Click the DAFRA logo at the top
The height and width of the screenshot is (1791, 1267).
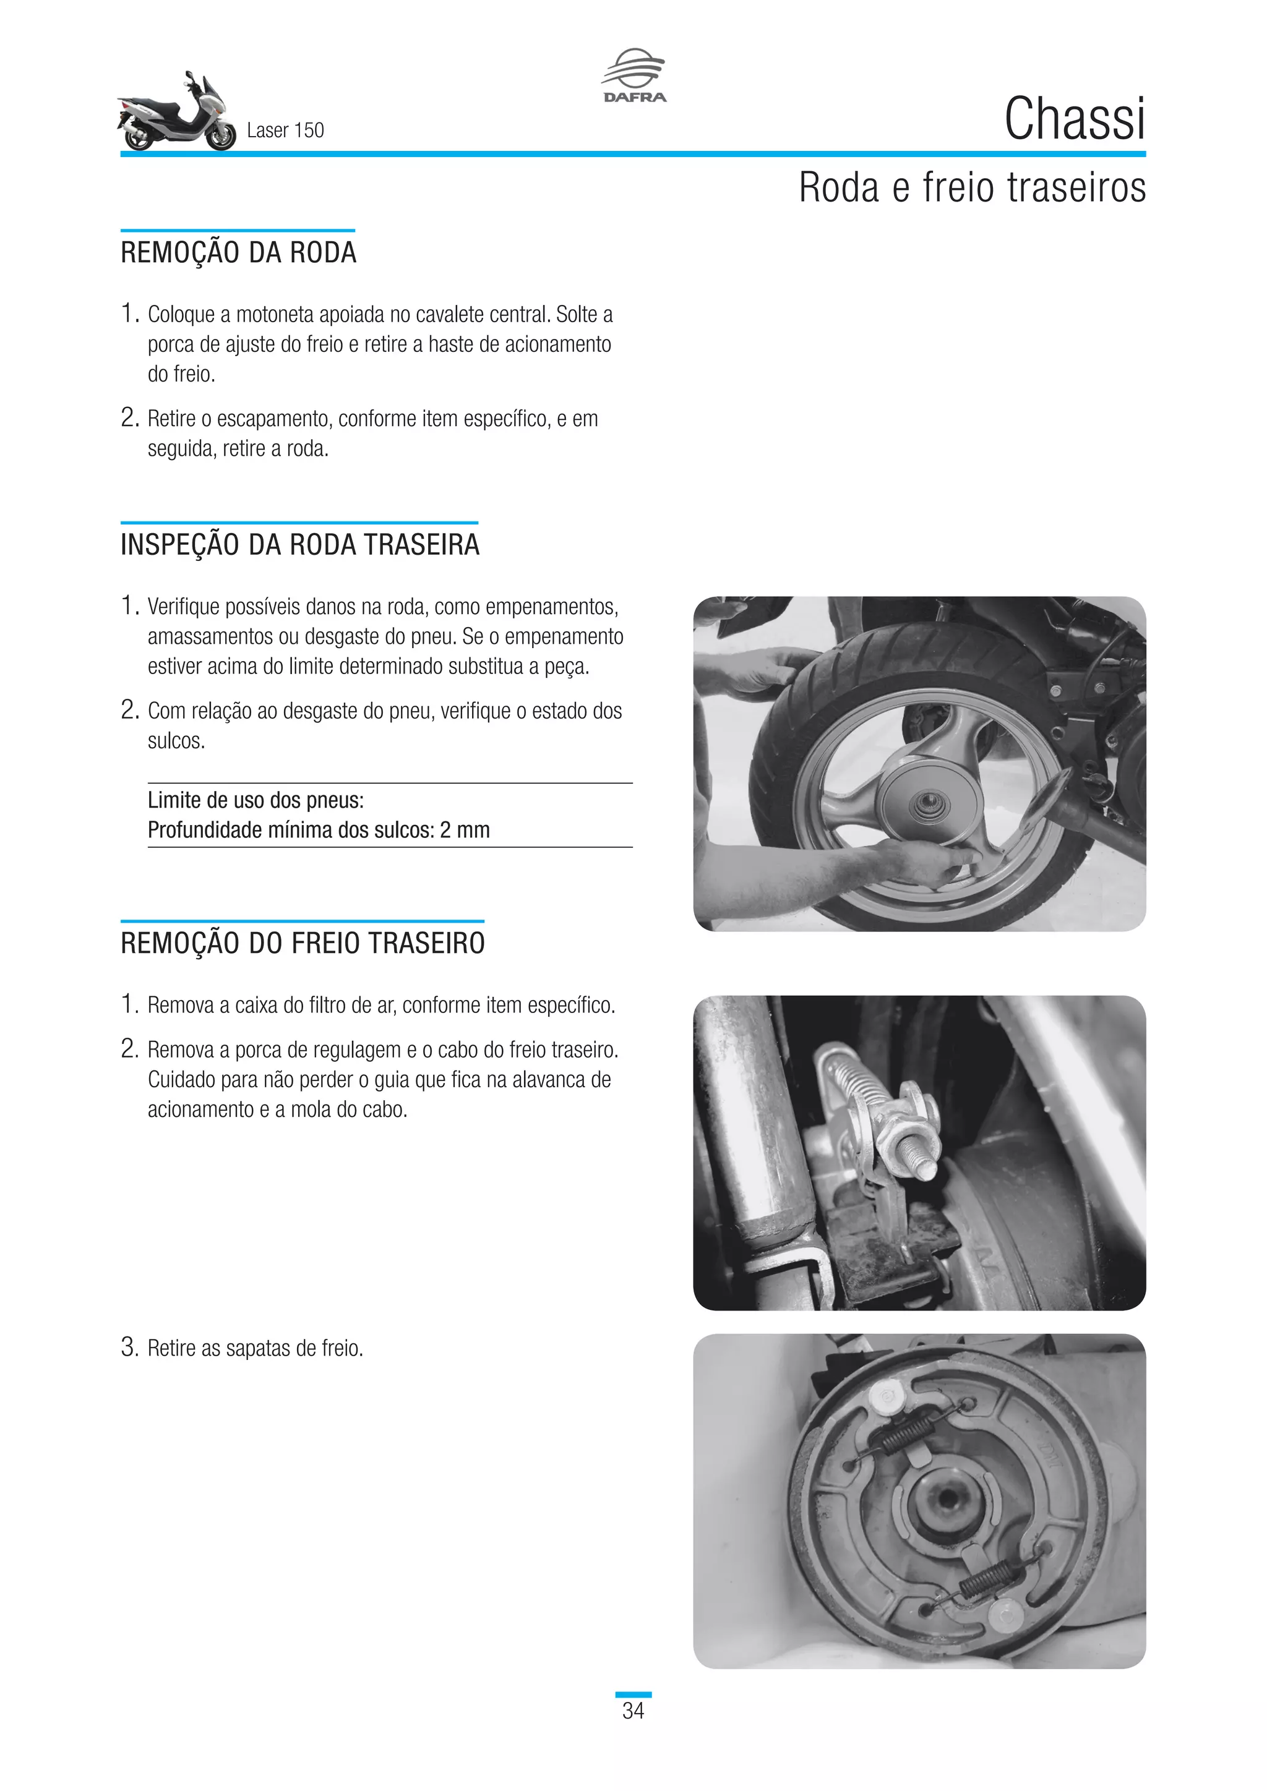click(633, 75)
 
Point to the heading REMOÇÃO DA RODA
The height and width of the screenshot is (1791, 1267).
click(239, 253)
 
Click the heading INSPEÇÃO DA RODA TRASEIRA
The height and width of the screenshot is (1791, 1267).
click(299, 544)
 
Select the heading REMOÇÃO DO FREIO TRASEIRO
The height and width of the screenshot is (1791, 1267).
click(303, 943)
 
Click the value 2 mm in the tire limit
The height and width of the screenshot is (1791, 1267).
click(465, 830)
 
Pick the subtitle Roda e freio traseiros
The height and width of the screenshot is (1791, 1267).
click(972, 187)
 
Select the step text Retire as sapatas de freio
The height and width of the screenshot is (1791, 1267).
click(255, 1348)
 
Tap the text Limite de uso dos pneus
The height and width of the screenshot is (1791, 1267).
click(256, 800)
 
